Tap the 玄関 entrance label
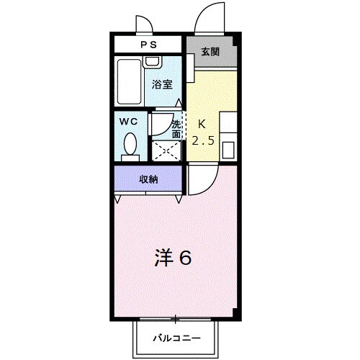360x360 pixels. [210, 52]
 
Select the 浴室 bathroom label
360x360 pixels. [162, 84]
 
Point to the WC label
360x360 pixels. [129, 120]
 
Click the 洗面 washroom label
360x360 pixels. [176, 127]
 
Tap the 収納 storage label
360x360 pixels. [148, 179]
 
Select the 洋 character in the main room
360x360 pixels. [165, 257]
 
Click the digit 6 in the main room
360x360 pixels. [185, 257]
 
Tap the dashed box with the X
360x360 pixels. [167, 150]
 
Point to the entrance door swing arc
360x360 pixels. [211, 17]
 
